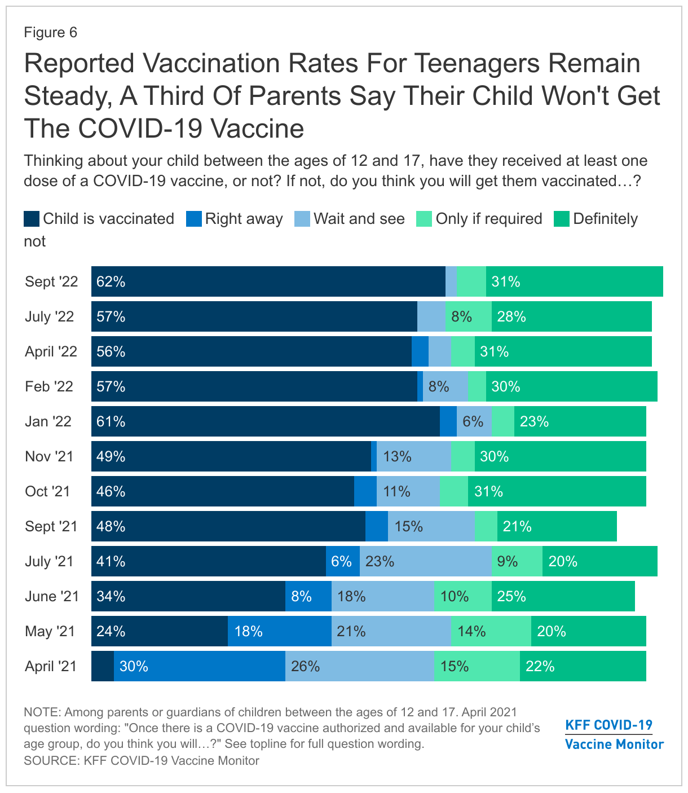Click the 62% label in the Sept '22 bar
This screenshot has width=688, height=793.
(111, 281)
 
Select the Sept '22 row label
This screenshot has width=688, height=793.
(51, 281)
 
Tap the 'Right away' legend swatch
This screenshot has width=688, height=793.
(194, 219)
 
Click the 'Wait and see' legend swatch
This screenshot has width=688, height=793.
(302, 219)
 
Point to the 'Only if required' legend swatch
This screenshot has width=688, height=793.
(424, 219)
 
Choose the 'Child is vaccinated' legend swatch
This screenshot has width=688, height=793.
(32, 219)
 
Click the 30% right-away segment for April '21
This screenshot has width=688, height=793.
(200, 666)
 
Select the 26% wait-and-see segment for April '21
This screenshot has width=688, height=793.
(360, 666)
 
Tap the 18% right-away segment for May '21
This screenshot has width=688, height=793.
(280, 631)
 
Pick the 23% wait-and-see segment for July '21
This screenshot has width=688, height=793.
(426, 561)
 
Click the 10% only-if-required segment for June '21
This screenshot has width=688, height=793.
(463, 596)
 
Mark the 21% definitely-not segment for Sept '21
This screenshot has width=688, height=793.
(557, 526)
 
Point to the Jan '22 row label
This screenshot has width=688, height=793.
(48, 421)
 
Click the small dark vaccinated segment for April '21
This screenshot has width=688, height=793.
(103, 666)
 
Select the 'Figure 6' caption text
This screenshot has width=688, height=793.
(50, 33)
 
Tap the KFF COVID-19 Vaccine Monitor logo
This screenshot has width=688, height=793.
(614, 734)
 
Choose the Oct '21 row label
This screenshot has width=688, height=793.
(47, 491)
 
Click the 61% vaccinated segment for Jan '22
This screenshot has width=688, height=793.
(266, 421)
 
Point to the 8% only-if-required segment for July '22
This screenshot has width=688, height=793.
(469, 316)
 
